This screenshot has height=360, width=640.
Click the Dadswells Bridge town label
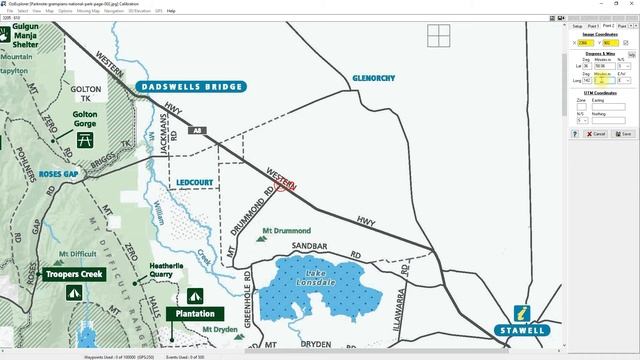coord(191,87)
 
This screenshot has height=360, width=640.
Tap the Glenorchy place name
coord(374,77)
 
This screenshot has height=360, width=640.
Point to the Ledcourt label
coord(196,182)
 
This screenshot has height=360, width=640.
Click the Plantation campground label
coord(195,314)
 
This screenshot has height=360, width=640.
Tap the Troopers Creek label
coord(74,273)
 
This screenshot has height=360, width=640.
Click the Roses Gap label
coord(58,174)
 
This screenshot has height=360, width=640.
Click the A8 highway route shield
coord(199,130)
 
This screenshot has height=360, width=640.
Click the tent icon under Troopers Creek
coord(73,292)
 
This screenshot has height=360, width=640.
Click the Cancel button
coord(597,133)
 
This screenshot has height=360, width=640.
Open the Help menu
coord(171,11)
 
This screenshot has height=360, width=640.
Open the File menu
coord(11,11)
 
